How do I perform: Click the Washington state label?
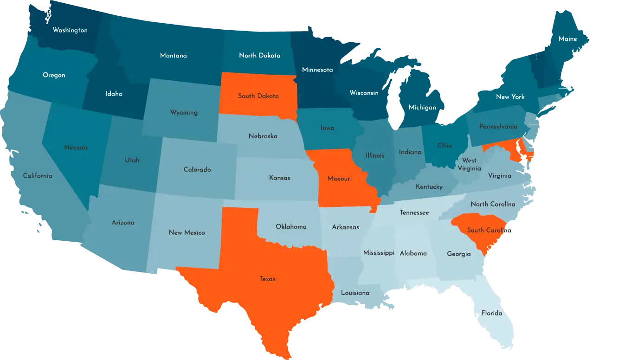(70, 30)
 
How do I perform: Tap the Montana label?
(174, 56)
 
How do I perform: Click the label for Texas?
(268, 279)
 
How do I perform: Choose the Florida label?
(492, 313)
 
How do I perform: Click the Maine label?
(568, 39)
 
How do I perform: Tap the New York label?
(510, 97)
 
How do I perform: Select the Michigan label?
(422, 108)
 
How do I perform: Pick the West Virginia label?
(469, 165)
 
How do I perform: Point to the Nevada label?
(76, 148)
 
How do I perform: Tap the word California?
(38, 176)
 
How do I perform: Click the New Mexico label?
(187, 232)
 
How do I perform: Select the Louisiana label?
(355, 293)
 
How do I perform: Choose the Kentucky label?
(429, 186)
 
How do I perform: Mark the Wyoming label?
(184, 113)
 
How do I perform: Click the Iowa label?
(328, 128)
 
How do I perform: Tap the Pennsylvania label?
(498, 127)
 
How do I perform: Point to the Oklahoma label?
(291, 227)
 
